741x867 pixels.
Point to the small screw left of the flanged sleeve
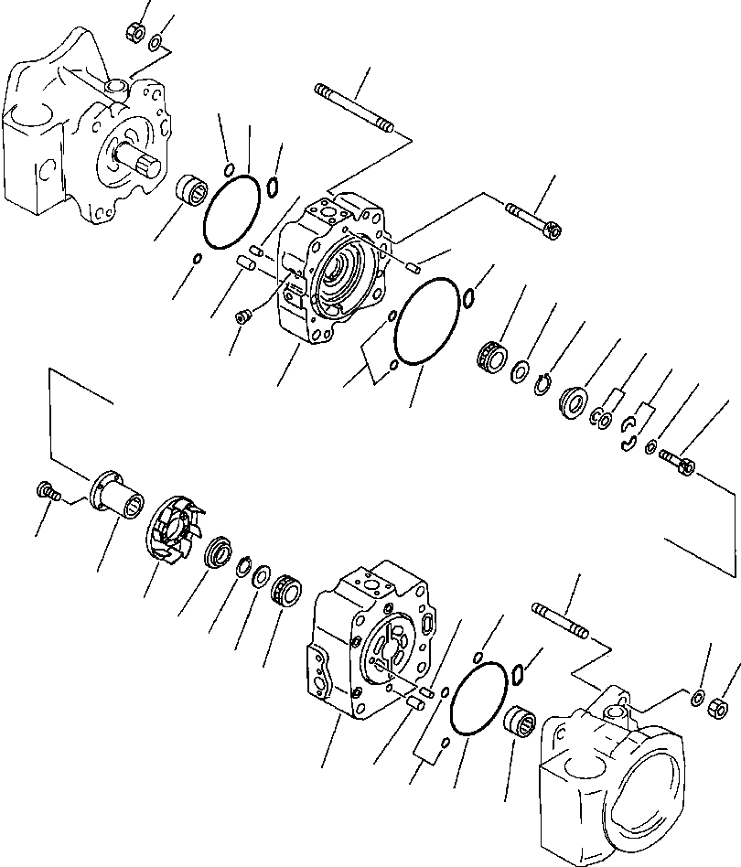48,492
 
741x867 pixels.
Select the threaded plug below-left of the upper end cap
242,316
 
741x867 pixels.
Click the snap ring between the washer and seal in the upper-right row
545,384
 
